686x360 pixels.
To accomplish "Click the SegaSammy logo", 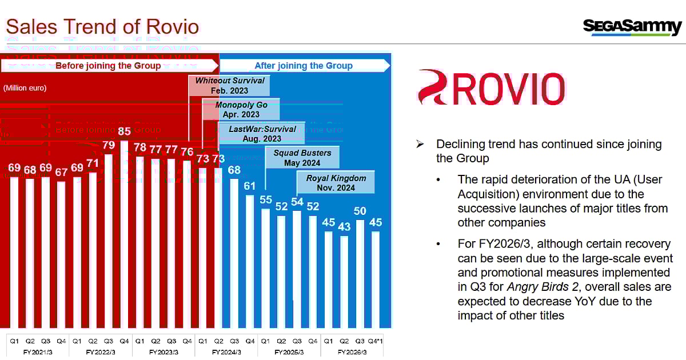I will tap(632, 26).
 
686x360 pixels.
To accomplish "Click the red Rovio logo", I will tap(491, 87).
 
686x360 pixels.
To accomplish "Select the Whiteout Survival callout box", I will tap(230, 86).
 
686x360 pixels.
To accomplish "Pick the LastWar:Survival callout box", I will tap(262, 134).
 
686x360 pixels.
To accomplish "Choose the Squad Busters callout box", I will tap(302, 158).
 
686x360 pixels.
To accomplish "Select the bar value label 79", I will tap(109, 145).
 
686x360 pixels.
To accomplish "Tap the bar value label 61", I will tap(250, 185).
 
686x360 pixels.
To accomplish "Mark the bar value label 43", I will tap(344, 226).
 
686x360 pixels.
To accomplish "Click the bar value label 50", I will tap(360, 211).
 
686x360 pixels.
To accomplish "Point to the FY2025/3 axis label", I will tap(289, 352).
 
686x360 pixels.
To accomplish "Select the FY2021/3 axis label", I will tap(37, 352).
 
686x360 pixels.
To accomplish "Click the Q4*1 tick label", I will tap(376, 341).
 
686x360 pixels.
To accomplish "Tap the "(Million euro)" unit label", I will tap(25, 88).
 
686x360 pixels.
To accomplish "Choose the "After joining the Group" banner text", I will tap(304, 66).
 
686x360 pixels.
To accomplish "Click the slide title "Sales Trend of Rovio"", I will tap(102, 26).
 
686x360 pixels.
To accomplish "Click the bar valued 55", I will tap(265, 269).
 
